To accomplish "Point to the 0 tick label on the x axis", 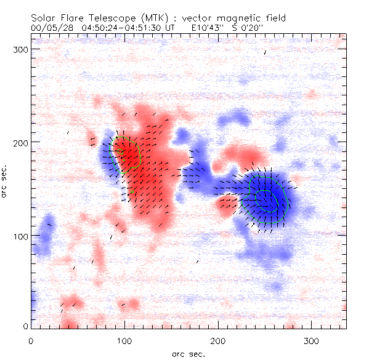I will tap(31, 340).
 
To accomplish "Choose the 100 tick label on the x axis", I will tap(125, 340).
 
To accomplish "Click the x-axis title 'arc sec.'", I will tap(188, 353).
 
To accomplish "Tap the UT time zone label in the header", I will tap(174, 28).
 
